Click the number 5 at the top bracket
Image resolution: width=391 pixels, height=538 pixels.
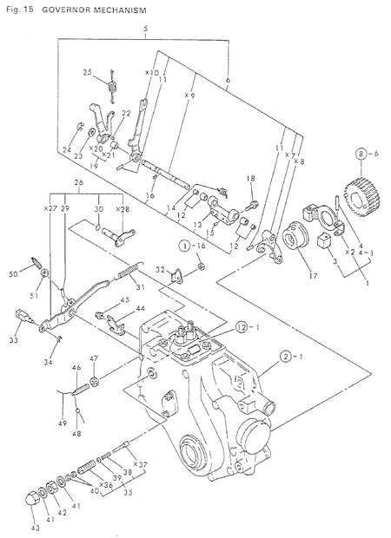[146, 30]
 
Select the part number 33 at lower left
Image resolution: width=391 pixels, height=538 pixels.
[16, 330]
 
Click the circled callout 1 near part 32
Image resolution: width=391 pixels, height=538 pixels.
[186, 246]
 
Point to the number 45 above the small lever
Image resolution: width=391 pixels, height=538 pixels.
[125, 300]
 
